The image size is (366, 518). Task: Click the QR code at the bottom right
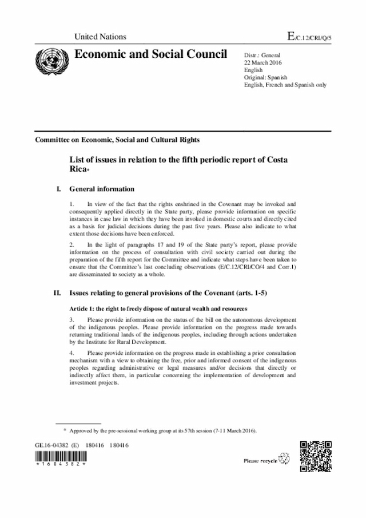point(316,456)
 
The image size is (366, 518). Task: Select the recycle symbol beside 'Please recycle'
point(284,459)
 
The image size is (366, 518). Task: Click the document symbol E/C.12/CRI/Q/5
point(309,37)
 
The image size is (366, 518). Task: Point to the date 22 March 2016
point(264,62)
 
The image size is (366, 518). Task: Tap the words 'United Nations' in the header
point(100,37)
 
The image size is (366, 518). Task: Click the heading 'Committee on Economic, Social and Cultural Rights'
point(117,140)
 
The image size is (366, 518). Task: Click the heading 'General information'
point(102,189)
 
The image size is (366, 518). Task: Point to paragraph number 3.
point(71,318)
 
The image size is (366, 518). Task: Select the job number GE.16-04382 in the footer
point(51,445)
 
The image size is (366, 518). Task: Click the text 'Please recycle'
point(260,460)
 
